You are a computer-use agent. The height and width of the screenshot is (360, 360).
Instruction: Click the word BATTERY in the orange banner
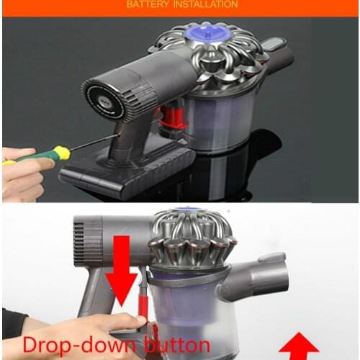[x=148, y=4]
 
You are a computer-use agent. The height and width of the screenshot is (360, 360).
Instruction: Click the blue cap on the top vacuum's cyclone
[x=208, y=35]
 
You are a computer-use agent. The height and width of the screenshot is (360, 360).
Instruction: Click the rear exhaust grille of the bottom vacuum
[x=89, y=240]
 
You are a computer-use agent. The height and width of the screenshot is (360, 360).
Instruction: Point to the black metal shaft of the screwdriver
[x=94, y=142]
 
